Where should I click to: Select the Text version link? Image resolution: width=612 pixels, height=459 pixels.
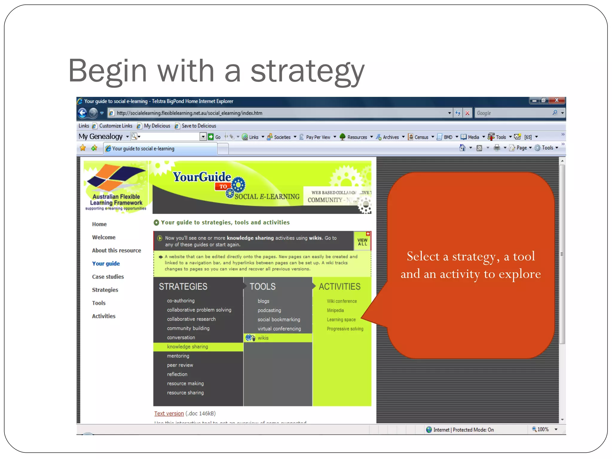point(169,413)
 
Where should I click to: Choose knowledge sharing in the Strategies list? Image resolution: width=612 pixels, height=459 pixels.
point(187,347)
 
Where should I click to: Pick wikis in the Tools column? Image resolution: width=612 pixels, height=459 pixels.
point(263,338)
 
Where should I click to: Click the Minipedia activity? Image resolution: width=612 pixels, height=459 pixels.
point(335,310)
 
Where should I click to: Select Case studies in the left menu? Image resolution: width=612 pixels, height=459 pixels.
point(108,277)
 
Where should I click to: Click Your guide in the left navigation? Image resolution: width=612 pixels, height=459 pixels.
point(106,264)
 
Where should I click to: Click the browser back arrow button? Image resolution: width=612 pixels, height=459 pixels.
point(82,113)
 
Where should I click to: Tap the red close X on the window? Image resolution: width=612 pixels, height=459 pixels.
point(556,100)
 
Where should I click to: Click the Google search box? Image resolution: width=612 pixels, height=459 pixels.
point(512,113)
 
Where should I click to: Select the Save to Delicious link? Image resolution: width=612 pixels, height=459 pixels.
point(198,126)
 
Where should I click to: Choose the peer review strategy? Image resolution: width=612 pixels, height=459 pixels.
point(180,365)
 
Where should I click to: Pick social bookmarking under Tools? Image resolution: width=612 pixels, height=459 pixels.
point(279,319)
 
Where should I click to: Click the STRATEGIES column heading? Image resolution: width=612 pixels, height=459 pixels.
point(183,287)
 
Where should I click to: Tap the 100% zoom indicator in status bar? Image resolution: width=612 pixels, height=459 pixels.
point(542,429)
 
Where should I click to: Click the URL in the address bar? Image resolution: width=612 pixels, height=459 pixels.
point(189,113)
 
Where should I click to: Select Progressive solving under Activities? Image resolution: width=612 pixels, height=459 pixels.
point(345,329)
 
